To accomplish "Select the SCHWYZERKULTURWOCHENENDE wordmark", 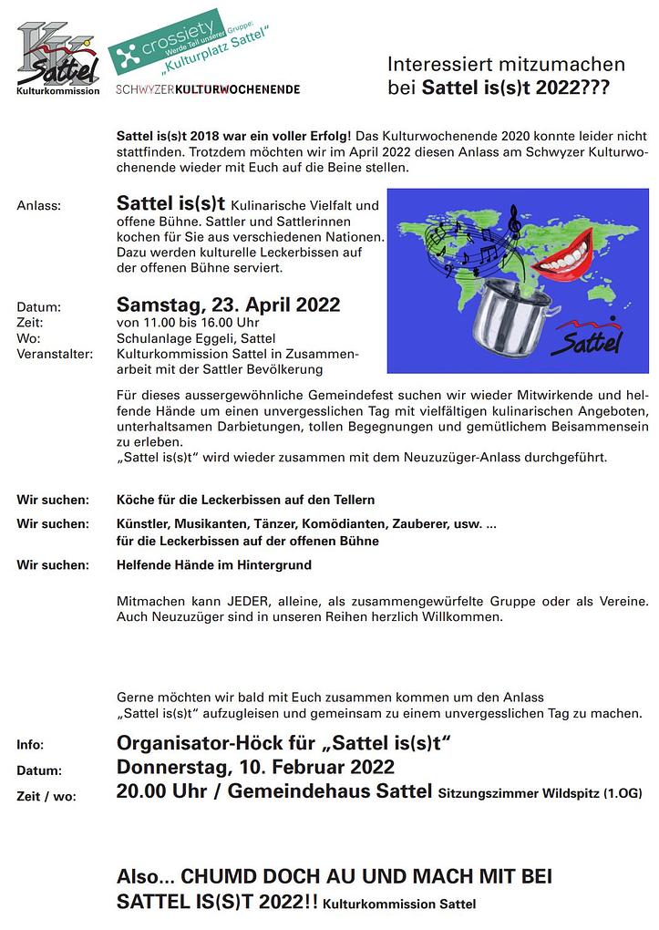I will pyautogui.click(x=208, y=89).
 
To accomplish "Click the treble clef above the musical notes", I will pyautogui.click(x=515, y=218).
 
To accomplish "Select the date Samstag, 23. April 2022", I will pyautogui.click(x=228, y=305).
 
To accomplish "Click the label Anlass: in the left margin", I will pyautogui.click(x=39, y=205).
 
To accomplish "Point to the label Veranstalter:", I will pyautogui.click(x=55, y=354).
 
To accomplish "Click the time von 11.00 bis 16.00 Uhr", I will pyautogui.click(x=188, y=323).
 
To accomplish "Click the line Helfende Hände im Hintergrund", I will pyautogui.click(x=214, y=565).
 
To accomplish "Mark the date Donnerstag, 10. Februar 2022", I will pyautogui.click(x=255, y=766).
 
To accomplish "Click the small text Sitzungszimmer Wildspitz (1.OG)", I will pyautogui.click(x=540, y=794).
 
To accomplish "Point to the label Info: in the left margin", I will pyautogui.click(x=30, y=745).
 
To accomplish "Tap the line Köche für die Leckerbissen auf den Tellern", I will pyautogui.click(x=246, y=500).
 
